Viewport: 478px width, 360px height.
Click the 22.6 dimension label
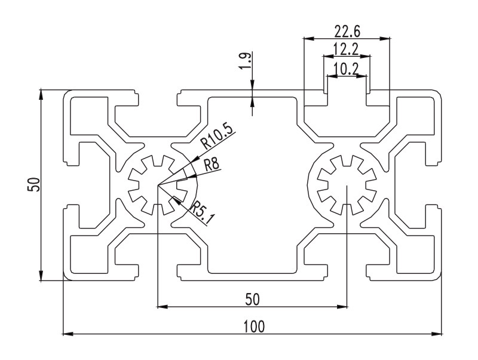tap(347, 31)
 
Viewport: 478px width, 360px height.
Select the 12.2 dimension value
tap(346, 50)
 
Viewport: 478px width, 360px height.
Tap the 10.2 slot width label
tap(346, 69)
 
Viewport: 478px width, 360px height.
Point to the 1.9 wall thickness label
tap(246, 62)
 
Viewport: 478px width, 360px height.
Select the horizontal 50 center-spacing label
tap(253, 299)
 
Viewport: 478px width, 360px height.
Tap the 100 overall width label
tap(254, 327)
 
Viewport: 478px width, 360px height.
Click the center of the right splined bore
tap(347, 185)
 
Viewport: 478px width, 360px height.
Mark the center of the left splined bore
tap(157, 185)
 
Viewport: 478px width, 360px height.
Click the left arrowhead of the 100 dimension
tap(68, 334)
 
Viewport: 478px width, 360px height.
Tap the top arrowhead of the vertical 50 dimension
tap(41, 95)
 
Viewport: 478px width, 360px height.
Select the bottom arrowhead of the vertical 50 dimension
tap(41, 275)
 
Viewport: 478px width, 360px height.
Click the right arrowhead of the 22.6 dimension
tap(385, 38)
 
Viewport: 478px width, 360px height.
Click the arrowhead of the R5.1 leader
tap(176, 200)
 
